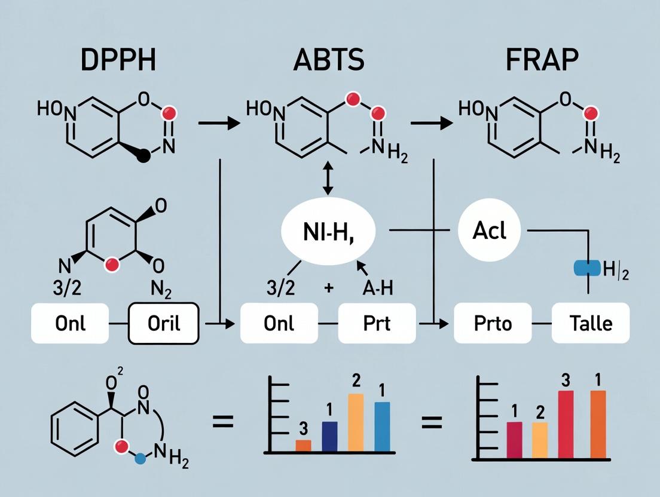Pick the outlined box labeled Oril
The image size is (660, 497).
pyautogui.click(x=164, y=323)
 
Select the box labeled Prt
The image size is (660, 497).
pyautogui.click(x=377, y=323)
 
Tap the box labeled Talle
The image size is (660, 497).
pyautogui.click(x=590, y=323)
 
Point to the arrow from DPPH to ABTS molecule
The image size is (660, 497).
pyautogui.click(x=218, y=124)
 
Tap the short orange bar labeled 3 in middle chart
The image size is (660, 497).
pyautogui.click(x=304, y=445)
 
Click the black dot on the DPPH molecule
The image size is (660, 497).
pyautogui.click(x=143, y=157)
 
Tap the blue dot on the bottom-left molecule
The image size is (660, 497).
pyautogui.click(x=140, y=459)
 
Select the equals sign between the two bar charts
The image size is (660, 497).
pyautogui.click(x=432, y=423)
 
